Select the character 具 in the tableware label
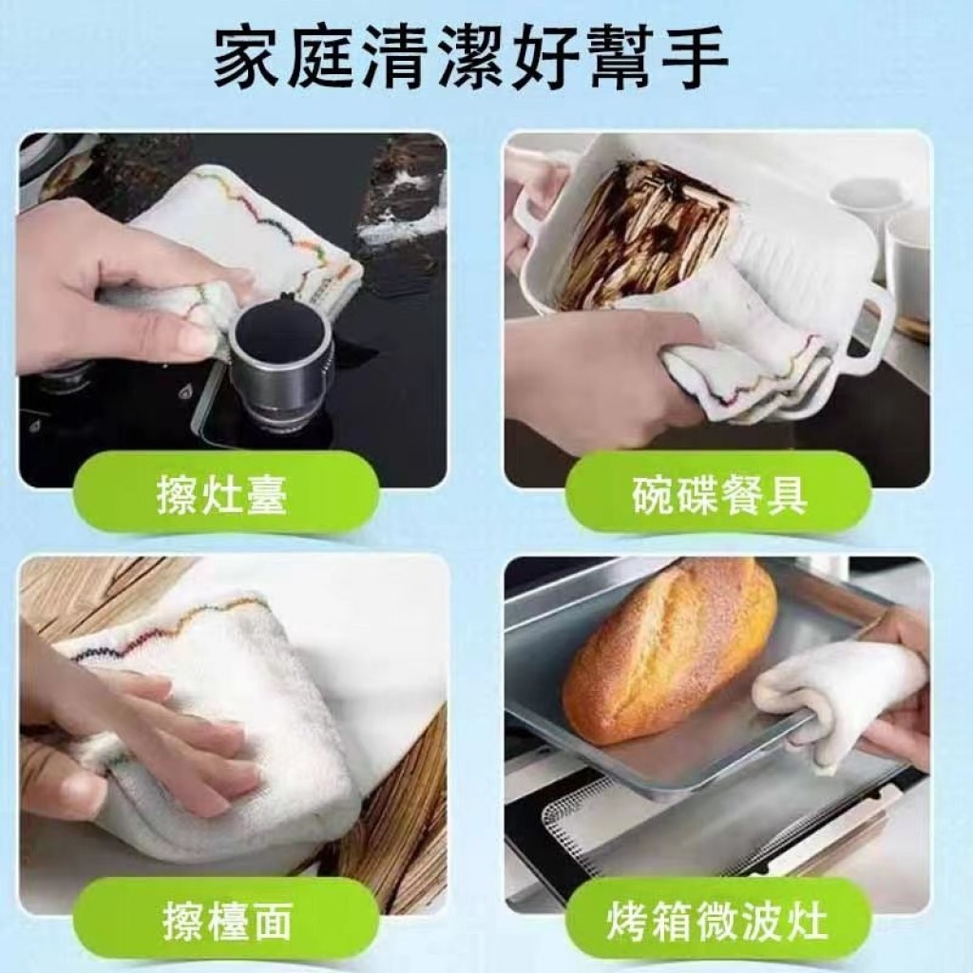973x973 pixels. pyautogui.click(x=786, y=496)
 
